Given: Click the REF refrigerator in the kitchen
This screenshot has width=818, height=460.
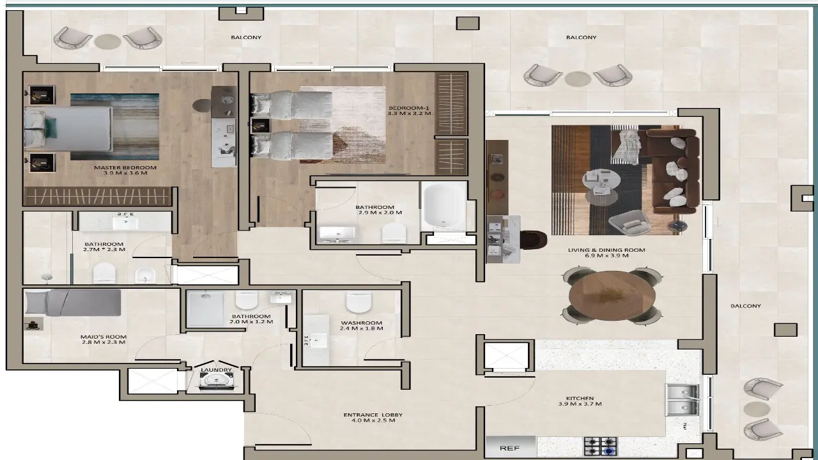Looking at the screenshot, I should [509, 448].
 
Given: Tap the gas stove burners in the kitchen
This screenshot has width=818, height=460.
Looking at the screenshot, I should [600, 446].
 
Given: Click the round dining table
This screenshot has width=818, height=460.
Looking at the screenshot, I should [612, 295].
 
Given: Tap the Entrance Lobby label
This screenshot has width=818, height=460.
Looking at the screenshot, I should [373, 418].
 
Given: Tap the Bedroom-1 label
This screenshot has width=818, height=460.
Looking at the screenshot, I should [410, 110].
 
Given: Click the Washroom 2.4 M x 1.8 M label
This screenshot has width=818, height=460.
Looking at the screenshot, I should [361, 326].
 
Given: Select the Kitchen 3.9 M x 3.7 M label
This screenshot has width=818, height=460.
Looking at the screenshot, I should [580, 401].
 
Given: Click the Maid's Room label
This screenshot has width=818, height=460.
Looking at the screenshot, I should [104, 339].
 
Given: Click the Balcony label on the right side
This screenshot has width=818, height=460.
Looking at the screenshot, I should [746, 306].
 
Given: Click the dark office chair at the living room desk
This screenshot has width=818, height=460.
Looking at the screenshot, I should [533, 240].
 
